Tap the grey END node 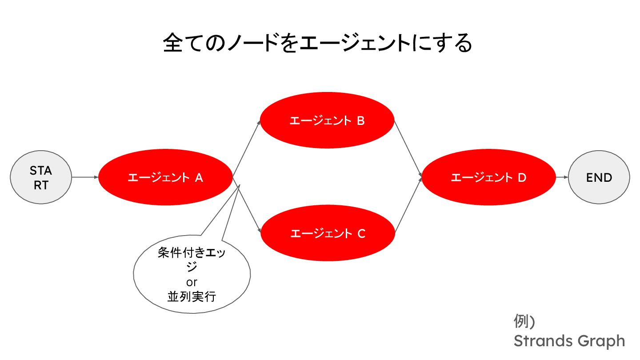pyautogui.click(x=599, y=178)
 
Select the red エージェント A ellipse pyautogui.click(x=165, y=178)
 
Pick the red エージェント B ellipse pyautogui.click(x=327, y=121)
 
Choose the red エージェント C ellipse pyautogui.click(x=328, y=233)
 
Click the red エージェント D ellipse pyautogui.click(x=488, y=178)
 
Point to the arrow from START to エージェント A pyautogui.click(x=85, y=178)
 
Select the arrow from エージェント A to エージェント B pyautogui.click(x=247, y=148)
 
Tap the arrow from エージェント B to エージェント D pyautogui.click(x=408, y=149)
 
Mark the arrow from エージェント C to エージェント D pyautogui.click(x=408, y=205)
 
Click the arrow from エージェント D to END pyautogui.click(x=562, y=178)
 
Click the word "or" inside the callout pyautogui.click(x=192, y=282)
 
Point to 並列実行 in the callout pyautogui.click(x=192, y=296)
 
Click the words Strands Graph pyautogui.click(x=569, y=341)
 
